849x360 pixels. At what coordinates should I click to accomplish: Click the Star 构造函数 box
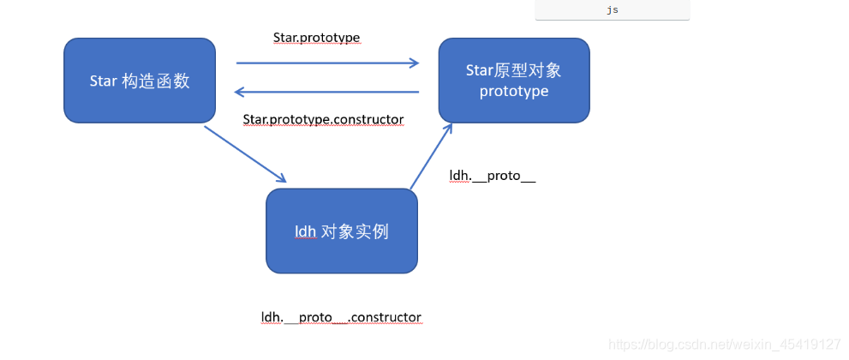point(139,80)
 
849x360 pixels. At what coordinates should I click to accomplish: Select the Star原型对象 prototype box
point(514,80)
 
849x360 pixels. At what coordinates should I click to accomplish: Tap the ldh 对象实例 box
point(341,231)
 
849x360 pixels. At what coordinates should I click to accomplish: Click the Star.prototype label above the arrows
point(315,38)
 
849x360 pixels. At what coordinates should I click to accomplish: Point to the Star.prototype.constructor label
point(323,119)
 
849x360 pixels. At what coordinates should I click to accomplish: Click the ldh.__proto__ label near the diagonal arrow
point(493,176)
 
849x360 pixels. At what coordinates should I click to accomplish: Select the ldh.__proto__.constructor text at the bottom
point(341,317)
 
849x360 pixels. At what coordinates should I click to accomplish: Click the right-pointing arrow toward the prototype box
point(327,63)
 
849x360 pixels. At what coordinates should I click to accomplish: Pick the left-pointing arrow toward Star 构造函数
point(327,92)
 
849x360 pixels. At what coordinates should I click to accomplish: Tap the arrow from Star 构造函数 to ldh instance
point(245,154)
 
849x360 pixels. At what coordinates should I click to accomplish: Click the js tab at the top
point(612,10)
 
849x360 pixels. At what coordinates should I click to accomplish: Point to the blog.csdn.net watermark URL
point(725,344)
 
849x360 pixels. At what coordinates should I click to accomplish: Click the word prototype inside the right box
point(514,91)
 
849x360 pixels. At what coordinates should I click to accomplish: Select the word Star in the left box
point(103,81)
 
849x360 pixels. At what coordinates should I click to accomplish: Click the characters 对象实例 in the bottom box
point(356,231)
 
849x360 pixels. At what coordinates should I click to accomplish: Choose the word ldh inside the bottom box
point(305,231)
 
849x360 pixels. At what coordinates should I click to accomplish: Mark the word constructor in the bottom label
point(387,317)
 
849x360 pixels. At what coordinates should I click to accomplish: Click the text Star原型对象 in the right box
point(514,70)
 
